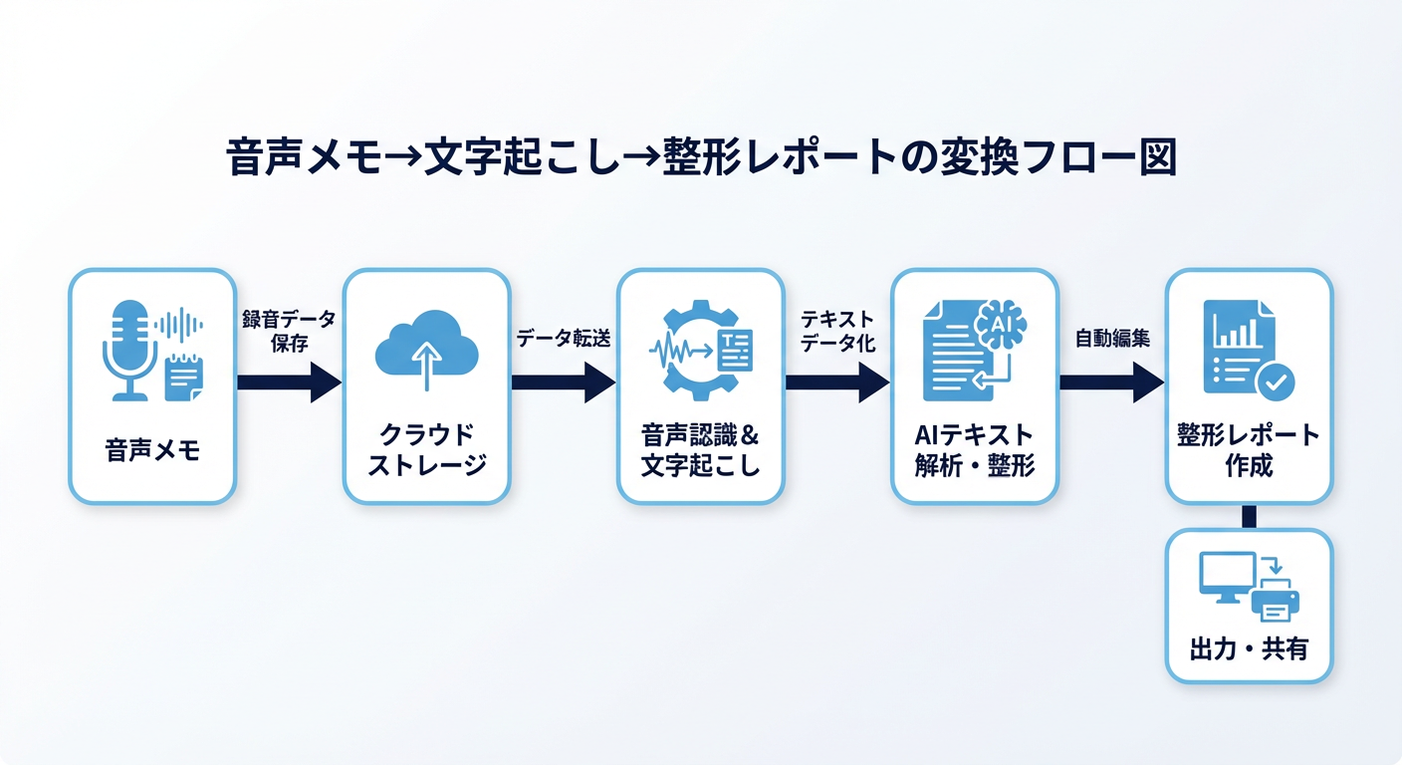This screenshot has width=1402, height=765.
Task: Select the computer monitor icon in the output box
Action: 1224,578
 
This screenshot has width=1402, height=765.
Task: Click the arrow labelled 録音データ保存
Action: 289,382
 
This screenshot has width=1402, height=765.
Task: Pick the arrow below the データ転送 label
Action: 563,382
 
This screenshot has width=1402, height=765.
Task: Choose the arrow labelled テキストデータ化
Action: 836,382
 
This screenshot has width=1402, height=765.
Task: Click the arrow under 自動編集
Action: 1111,382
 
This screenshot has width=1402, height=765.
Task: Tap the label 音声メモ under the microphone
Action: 152,450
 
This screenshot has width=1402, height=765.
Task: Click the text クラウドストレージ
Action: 426,450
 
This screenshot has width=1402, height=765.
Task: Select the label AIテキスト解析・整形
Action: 974,450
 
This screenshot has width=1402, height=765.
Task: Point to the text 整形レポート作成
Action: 1248,450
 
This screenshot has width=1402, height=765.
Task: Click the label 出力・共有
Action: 1248,649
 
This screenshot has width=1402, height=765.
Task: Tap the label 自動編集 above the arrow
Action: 1111,339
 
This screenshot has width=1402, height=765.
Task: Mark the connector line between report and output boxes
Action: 1249,516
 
